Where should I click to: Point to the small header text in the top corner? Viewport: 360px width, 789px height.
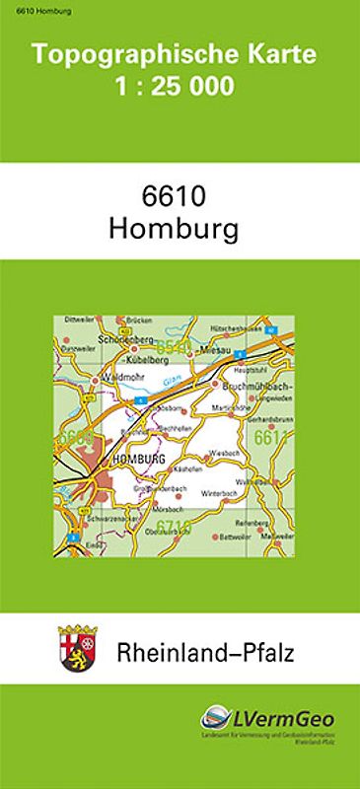click(29, 9)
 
